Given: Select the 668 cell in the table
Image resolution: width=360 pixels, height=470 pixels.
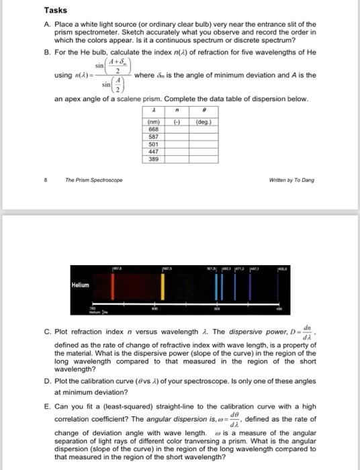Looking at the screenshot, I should (154, 129).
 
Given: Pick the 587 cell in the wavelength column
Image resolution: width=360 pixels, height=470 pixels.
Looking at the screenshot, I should (154, 136).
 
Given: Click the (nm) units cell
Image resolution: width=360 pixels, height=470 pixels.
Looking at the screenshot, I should (154, 122).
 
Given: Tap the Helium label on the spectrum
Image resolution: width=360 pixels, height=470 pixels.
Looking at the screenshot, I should (81, 285).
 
